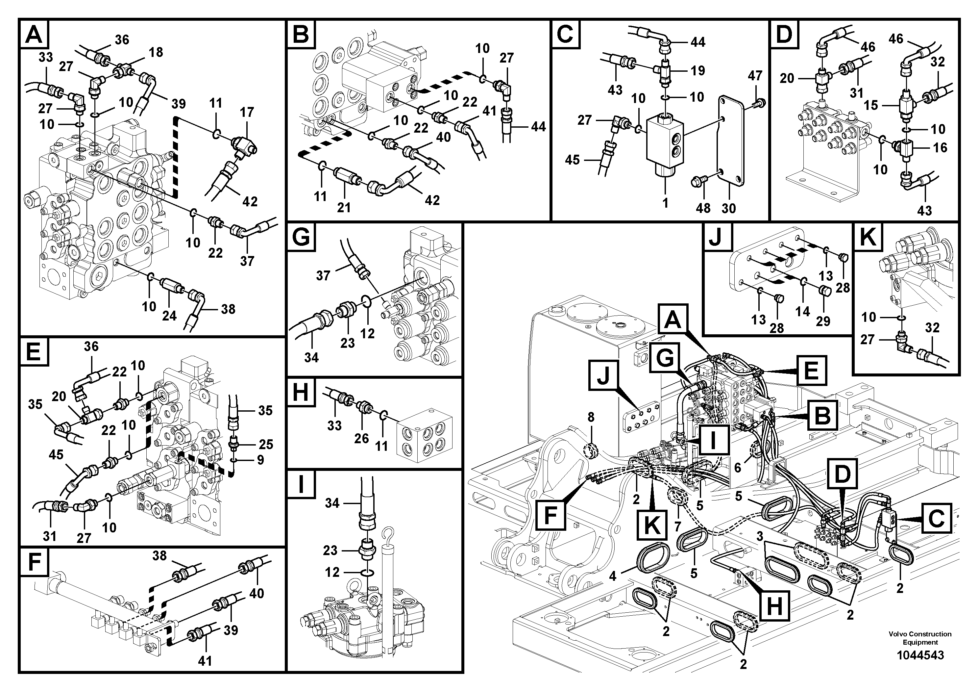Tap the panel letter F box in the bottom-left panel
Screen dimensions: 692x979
[34, 563]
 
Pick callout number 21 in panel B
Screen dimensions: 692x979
[344, 207]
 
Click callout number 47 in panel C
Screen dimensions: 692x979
[755, 75]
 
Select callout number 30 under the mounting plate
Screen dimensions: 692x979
[729, 208]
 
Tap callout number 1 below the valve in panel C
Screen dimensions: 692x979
[666, 203]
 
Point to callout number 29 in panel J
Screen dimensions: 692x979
[823, 321]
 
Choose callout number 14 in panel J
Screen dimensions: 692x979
[802, 311]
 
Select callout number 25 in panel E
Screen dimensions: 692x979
[266, 444]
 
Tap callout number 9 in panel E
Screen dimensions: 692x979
[260, 460]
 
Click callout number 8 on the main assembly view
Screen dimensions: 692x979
[591, 417]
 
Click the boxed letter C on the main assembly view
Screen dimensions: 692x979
[936, 519]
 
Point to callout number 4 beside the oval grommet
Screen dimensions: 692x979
[613, 577]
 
